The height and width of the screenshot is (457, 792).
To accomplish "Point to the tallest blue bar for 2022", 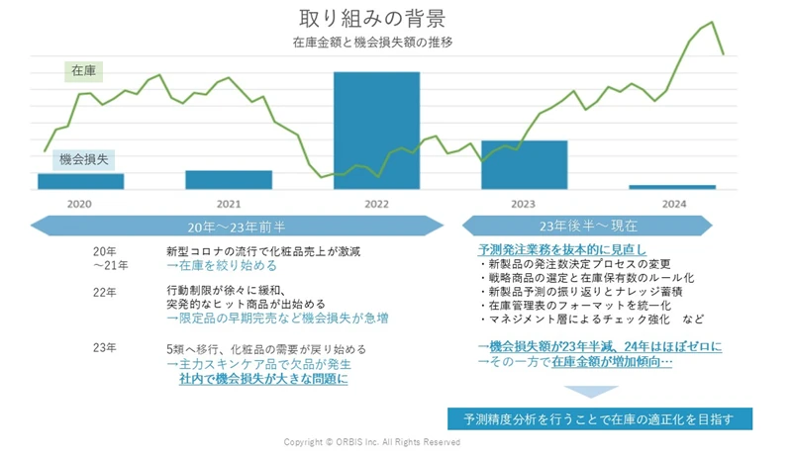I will [x=376, y=129].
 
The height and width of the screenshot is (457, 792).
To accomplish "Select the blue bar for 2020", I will [x=80, y=181].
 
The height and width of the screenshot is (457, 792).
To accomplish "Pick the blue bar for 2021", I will [x=229, y=179].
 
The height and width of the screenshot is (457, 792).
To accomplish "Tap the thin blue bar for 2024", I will [x=672, y=187].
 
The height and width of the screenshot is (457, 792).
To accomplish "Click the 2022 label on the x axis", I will [x=376, y=204].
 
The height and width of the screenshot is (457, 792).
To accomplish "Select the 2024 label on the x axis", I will [x=672, y=204].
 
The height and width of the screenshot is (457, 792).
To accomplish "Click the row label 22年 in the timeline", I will [x=104, y=292].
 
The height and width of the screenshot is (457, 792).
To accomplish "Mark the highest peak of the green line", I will [x=712, y=22].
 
